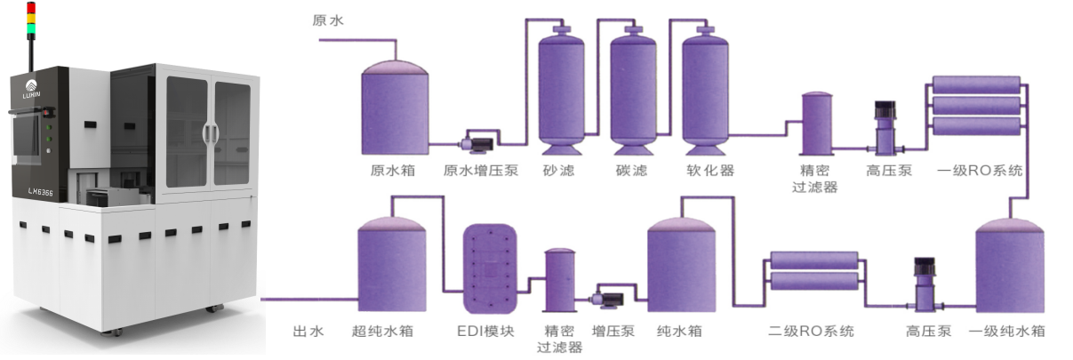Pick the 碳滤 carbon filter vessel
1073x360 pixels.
coord(633,89)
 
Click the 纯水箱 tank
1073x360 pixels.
coord(681,267)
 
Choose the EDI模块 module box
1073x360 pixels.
coord(489,266)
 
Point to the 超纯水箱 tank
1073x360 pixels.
coord(392,267)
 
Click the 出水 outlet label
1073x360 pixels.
coord(308,332)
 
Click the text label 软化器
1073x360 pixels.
coord(710,170)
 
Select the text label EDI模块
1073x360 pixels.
coord(486,332)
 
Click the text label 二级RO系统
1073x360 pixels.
coord(811,332)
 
